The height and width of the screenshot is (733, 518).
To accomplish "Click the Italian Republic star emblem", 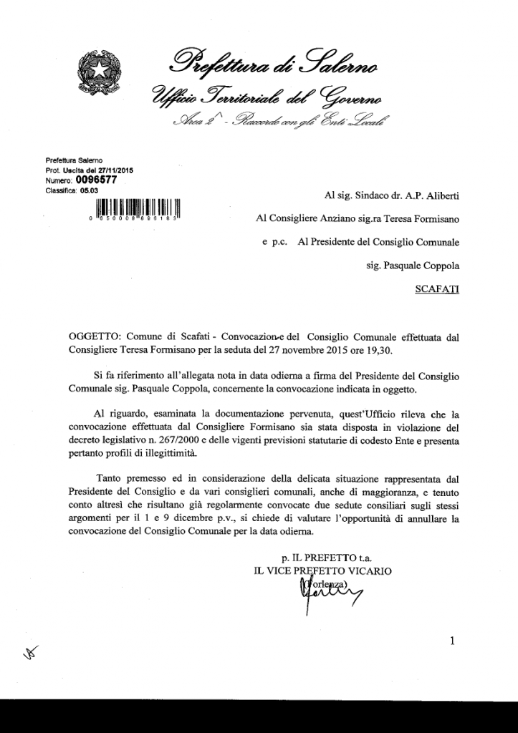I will pos(101,74).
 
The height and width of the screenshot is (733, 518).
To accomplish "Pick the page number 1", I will pos(452,641).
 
